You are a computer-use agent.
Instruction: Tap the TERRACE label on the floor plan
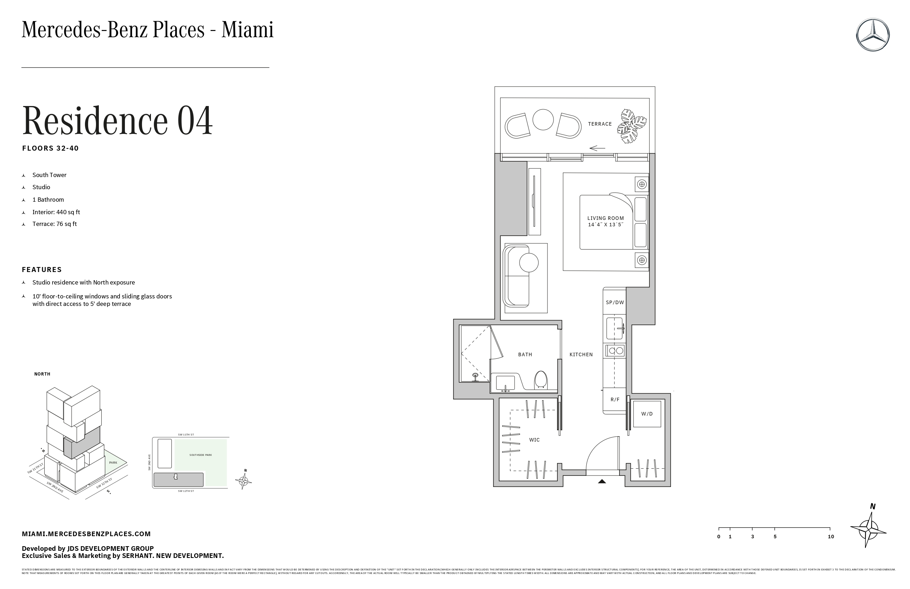pyautogui.click(x=600, y=124)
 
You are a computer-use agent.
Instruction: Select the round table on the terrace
pyautogui.click(x=543, y=120)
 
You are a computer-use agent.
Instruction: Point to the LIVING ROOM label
pyautogui.click(x=605, y=218)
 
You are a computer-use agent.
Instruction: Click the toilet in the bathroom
pyautogui.click(x=541, y=380)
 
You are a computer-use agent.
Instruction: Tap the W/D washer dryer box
pyautogui.click(x=647, y=414)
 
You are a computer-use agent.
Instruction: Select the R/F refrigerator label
pyautogui.click(x=615, y=400)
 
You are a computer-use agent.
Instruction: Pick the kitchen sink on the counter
pyautogui.click(x=615, y=328)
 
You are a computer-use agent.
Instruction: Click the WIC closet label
pyautogui.click(x=534, y=440)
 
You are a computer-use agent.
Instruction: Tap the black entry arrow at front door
pyautogui.click(x=602, y=482)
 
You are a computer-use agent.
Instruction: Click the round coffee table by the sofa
pyautogui.click(x=529, y=263)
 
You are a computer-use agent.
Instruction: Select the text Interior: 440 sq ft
pyautogui.click(x=56, y=212)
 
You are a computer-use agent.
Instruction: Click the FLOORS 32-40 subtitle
pyautogui.click(x=50, y=148)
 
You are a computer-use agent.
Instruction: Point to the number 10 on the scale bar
pyautogui.click(x=830, y=537)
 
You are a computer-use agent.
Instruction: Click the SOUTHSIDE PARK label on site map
pyautogui.click(x=200, y=455)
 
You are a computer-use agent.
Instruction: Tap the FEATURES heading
pyautogui.click(x=42, y=270)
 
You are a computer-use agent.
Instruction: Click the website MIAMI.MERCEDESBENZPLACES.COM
pyautogui.click(x=86, y=534)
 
